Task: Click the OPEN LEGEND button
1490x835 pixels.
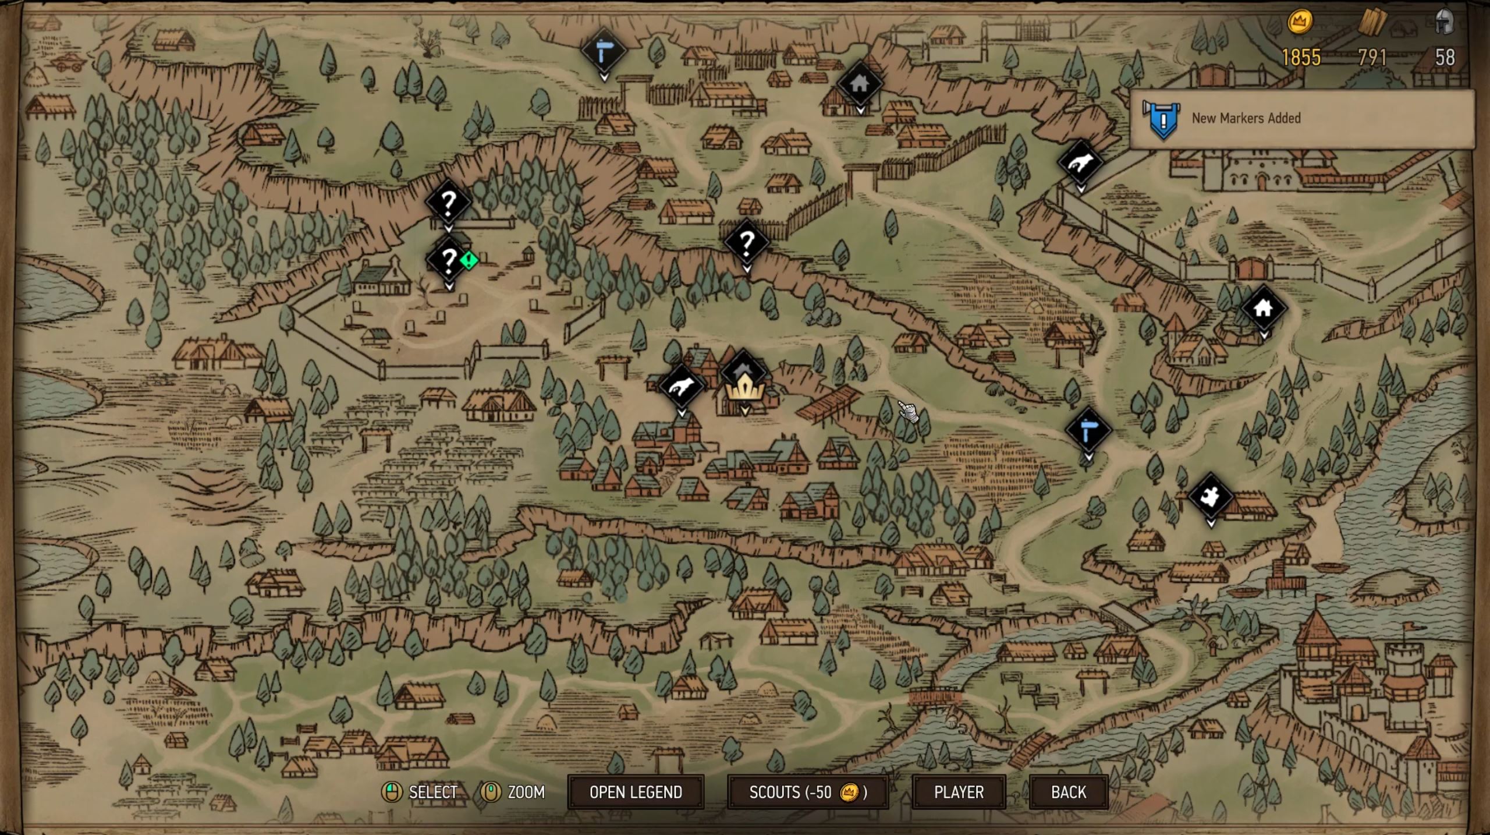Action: [636, 792]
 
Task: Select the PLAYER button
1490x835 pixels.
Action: [958, 792]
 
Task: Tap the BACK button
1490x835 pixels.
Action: [1068, 792]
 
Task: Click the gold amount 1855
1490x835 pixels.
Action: [1301, 57]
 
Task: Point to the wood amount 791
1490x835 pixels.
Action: [1372, 57]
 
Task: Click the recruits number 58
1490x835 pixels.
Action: [1445, 57]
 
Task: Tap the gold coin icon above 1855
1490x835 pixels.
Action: [1299, 22]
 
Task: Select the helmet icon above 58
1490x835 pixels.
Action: [1444, 22]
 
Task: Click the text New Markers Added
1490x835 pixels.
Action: [1246, 118]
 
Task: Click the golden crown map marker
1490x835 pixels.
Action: [743, 385]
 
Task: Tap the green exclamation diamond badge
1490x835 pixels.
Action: [469, 260]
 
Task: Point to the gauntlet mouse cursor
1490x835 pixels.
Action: [906, 411]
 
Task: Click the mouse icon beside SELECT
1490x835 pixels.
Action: [392, 792]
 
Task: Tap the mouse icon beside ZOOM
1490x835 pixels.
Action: [491, 792]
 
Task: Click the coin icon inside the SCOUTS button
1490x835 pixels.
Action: [849, 792]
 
